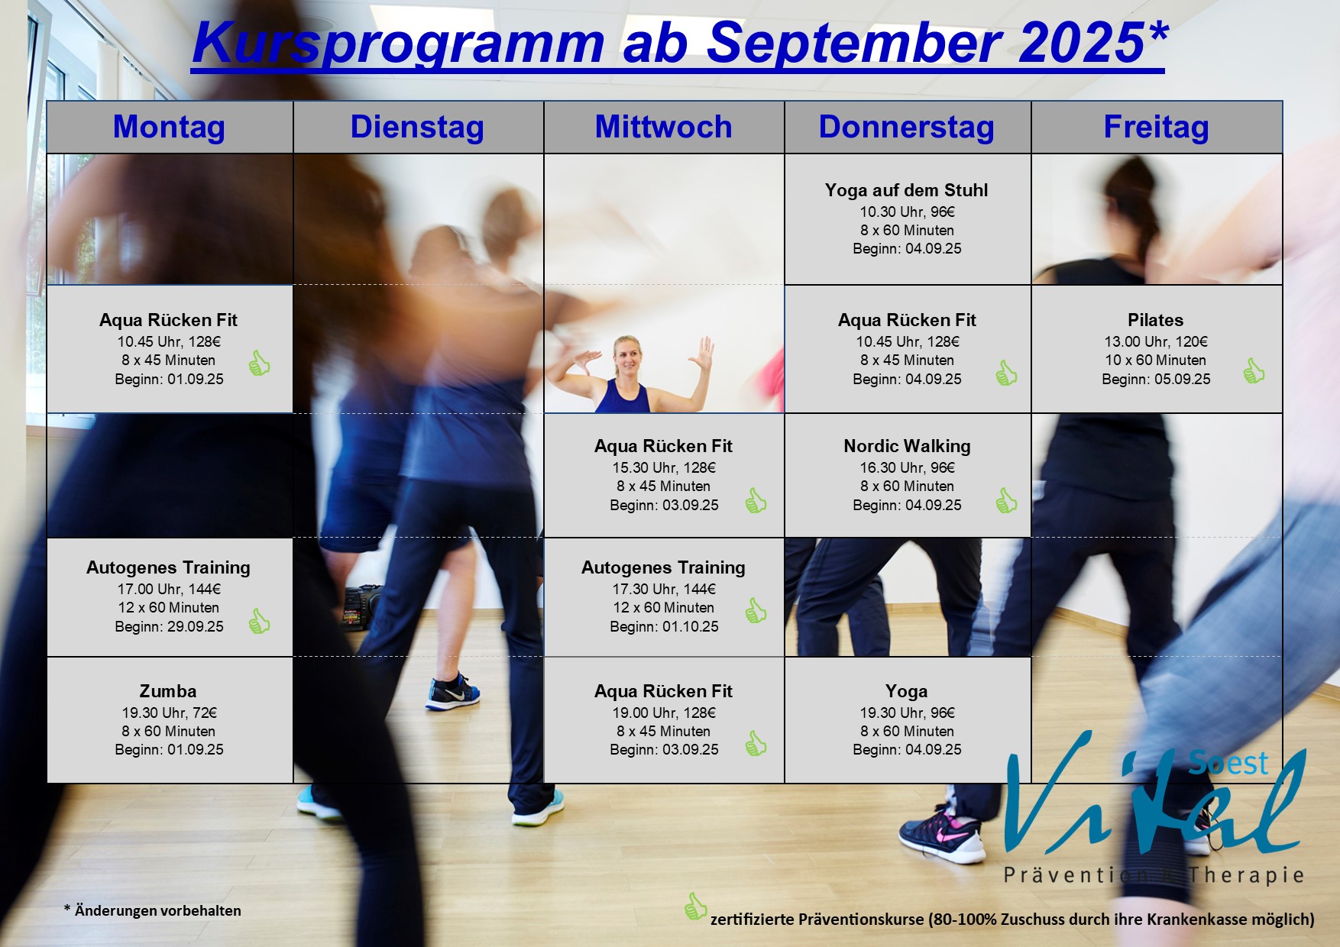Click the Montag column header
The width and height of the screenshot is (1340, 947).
pyautogui.click(x=169, y=127)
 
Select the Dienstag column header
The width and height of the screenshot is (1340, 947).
pyautogui.click(x=417, y=127)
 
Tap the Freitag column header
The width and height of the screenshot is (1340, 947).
pyautogui.click(x=1156, y=127)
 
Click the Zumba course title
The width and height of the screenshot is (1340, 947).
pyautogui.click(x=168, y=691)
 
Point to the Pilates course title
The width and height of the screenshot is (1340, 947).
pyautogui.click(x=1155, y=320)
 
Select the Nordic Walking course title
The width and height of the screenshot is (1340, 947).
pyautogui.click(x=907, y=446)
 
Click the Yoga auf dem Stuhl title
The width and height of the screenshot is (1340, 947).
pyautogui.click(x=906, y=190)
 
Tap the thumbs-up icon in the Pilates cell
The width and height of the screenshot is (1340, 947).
pyautogui.click(x=1253, y=370)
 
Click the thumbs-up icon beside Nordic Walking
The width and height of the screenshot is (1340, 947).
pyautogui.click(x=1006, y=500)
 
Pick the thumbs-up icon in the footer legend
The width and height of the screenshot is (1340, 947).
pyautogui.click(x=695, y=907)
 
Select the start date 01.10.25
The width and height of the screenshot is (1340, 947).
pyautogui.click(x=691, y=626)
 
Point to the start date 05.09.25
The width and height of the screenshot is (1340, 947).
pyautogui.click(x=1183, y=379)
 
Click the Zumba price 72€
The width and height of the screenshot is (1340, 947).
pyautogui.click(x=204, y=713)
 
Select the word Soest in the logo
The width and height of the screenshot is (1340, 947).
pyautogui.click(x=1228, y=762)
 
